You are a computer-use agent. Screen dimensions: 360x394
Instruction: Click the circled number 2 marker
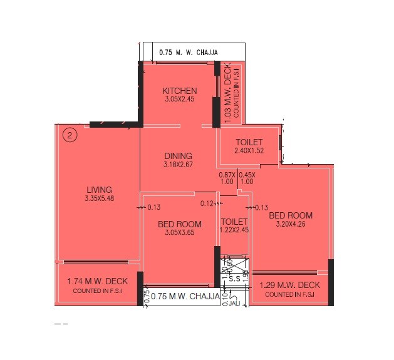tap(71, 134)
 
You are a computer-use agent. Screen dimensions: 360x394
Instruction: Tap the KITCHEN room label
tap(180, 91)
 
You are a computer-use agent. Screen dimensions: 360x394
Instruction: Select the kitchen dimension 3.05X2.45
tap(180, 99)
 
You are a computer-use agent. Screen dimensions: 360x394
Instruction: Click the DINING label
tap(179, 156)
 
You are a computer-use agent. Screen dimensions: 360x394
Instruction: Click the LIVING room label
tap(99, 190)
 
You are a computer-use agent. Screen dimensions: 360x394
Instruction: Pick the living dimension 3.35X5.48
tap(99, 198)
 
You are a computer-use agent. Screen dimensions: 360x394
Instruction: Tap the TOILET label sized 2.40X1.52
tap(249, 142)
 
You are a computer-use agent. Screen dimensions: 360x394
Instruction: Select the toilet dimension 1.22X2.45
tap(234, 230)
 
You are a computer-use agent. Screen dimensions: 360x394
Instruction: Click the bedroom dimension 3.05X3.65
tap(179, 233)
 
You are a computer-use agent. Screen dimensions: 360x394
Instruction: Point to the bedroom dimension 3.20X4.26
tap(291, 224)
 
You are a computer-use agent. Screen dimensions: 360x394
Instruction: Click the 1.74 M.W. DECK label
tap(97, 282)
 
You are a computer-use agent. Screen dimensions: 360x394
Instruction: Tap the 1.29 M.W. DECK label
tap(289, 285)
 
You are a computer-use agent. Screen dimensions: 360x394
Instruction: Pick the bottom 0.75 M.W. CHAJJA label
tap(186, 296)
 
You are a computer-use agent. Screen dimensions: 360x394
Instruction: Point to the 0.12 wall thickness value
tap(207, 203)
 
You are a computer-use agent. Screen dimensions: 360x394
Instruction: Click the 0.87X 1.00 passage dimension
tap(226, 178)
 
